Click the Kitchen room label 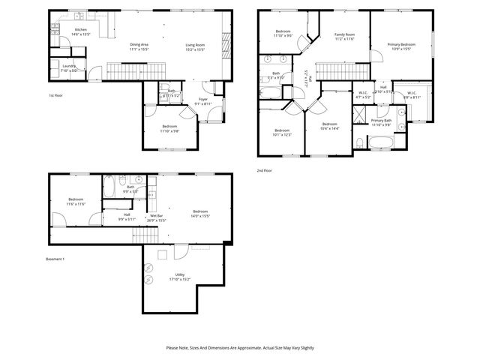point(79,31)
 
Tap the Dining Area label point(139,44)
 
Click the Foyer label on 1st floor point(202,99)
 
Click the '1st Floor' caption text point(55,96)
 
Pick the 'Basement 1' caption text point(57,258)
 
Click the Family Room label point(344,34)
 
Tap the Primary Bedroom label point(401,44)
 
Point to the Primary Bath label point(381,120)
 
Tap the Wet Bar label point(156,216)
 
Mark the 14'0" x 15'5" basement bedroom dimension point(199,216)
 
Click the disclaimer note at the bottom point(239,347)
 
